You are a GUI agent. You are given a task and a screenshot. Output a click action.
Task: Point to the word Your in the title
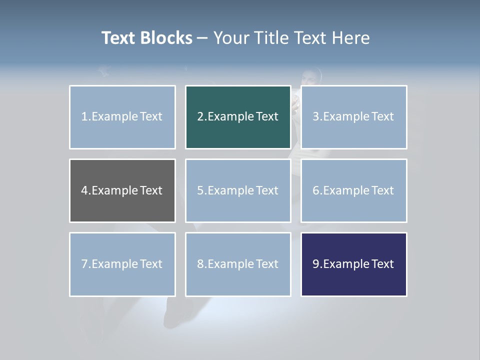pos(231,38)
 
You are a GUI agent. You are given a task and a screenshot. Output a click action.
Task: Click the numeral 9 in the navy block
pos(316,264)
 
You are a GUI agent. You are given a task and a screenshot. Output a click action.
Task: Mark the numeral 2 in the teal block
pos(200,116)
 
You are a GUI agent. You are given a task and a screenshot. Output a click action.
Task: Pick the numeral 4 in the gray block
pos(84,190)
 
